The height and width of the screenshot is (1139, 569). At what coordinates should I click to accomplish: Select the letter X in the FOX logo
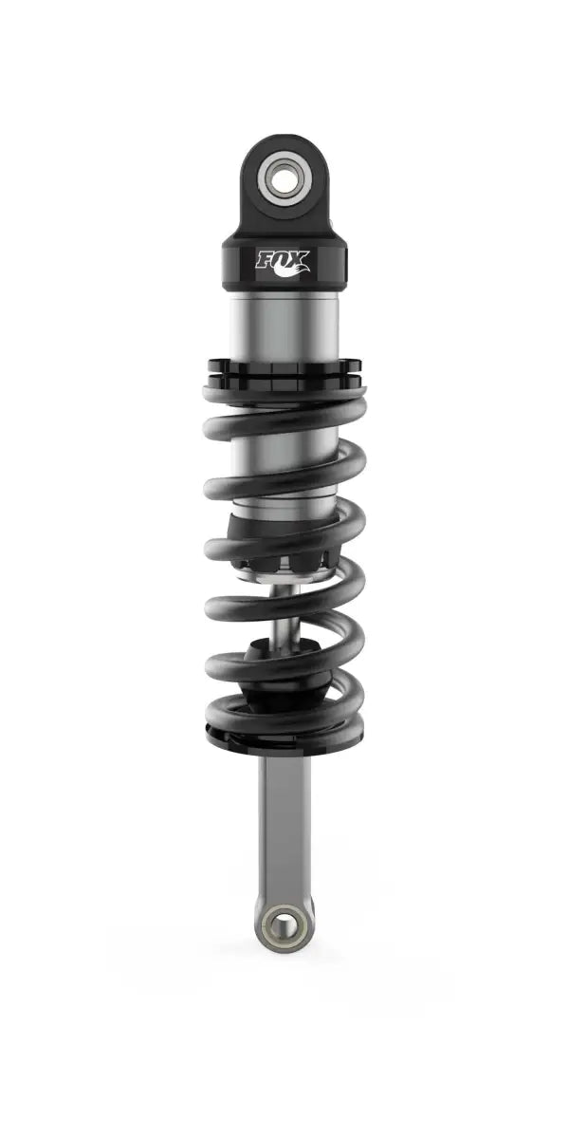click(302, 257)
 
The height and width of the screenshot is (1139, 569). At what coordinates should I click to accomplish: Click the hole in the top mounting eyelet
click(284, 177)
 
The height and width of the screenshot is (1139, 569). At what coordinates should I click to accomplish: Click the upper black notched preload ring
click(284, 364)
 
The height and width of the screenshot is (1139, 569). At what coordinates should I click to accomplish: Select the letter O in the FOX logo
click(285, 257)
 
